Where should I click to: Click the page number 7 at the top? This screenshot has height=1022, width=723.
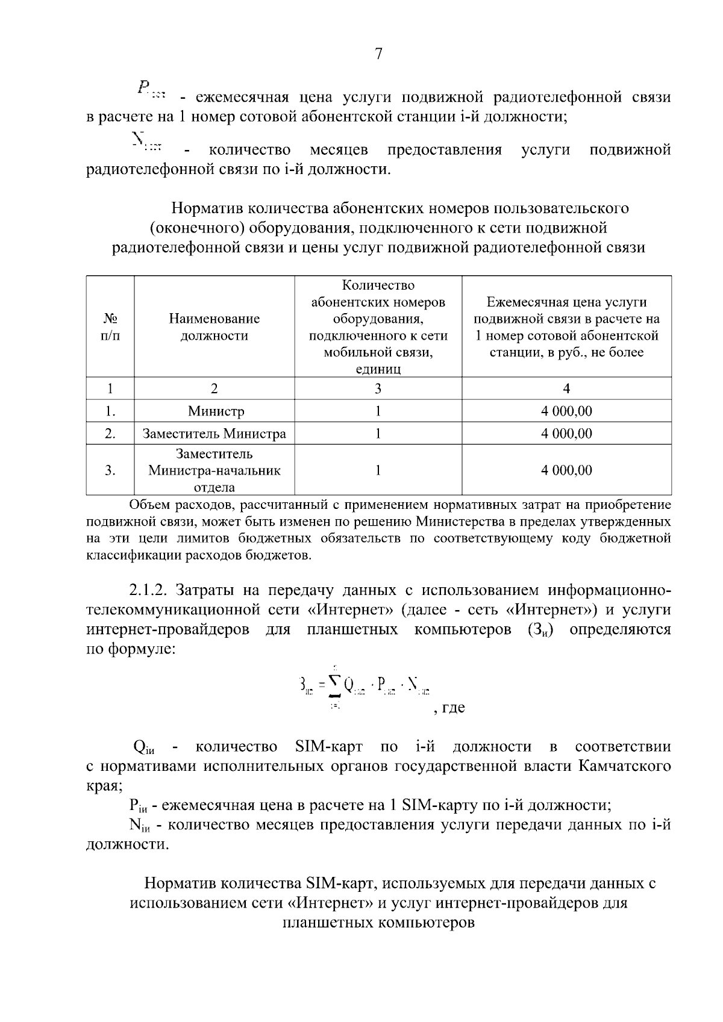pos(378,54)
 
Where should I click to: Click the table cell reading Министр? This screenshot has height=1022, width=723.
pos(216,411)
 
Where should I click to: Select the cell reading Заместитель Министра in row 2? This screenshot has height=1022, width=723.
pos(214,434)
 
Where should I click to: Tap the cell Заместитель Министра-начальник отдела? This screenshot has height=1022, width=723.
pos(214,470)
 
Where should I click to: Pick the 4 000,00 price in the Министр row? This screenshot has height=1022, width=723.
pos(566,411)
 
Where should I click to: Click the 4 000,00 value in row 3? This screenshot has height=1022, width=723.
pos(566,470)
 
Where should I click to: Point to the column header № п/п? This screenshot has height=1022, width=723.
pos(110,327)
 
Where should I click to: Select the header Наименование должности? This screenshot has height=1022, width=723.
pos(214,327)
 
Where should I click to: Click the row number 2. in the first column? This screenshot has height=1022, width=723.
pos(110,434)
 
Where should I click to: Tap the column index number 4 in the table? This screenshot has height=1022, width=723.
pos(566,388)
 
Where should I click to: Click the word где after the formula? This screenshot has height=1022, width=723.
pos(453,708)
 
